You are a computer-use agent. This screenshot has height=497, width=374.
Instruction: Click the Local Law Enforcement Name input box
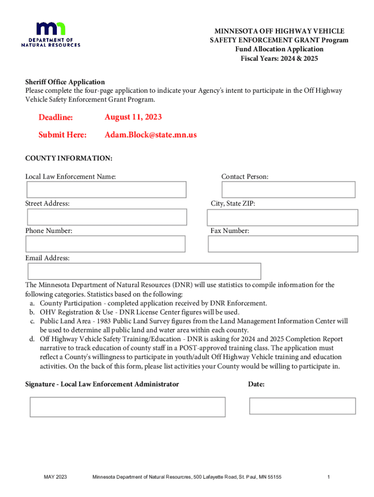(106, 189)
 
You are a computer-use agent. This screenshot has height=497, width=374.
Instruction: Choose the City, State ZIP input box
(284, 216)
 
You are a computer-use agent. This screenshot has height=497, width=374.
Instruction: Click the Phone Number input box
(106, 244)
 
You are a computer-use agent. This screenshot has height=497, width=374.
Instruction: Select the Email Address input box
(144, 271)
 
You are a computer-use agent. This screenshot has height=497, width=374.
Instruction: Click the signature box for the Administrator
(127, 407)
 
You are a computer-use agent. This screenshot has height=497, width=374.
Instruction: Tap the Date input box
(302, 406)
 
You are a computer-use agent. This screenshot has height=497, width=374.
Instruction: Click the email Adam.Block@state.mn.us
(151, 135)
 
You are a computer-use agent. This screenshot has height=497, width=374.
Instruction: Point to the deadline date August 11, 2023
(133, 117)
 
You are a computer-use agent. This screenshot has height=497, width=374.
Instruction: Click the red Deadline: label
(56, 117)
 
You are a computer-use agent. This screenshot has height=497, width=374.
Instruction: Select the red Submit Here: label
(63, 135)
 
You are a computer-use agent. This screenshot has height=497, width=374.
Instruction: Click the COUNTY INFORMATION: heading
(69, 159)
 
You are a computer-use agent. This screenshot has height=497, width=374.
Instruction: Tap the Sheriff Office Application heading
(65, 82)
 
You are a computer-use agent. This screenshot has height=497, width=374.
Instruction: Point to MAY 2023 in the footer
(55, 477)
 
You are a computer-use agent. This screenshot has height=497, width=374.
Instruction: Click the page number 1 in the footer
(329, 477)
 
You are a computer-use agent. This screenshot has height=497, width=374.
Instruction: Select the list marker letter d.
(32, 339)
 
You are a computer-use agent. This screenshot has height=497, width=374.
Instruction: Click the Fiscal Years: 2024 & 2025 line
(279, 59)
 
